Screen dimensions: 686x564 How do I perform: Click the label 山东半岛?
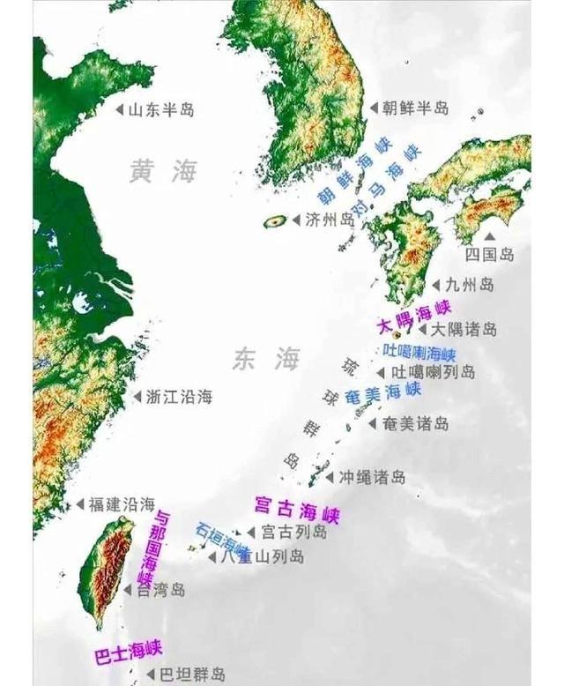[161, 110]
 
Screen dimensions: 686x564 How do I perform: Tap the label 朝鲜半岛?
[415, 108]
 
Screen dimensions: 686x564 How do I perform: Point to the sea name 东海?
[266, 359]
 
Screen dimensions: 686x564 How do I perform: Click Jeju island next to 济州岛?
[275, 221]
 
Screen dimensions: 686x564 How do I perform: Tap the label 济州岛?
[329, 220]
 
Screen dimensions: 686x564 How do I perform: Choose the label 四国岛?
[489, 255]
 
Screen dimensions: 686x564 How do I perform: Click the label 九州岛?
[469, 285]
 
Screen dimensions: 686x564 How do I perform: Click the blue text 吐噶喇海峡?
[419, 352]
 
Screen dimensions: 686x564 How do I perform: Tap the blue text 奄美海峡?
[381, 396]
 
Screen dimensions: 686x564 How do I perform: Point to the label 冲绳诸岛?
[372, 477]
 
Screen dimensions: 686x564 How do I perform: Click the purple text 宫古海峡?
[296, 510]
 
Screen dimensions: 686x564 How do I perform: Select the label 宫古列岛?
[293, 533]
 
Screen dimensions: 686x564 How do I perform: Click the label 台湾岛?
[160, 591]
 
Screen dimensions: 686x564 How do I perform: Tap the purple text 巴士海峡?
[129, 652]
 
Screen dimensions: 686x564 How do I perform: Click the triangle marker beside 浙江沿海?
[137, 397]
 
